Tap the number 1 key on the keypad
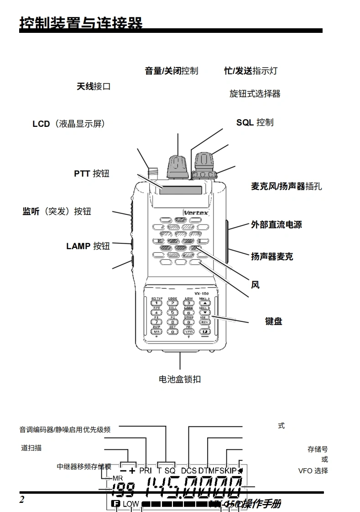[157, 303]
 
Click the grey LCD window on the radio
[181, 190]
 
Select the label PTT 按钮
[92, 174]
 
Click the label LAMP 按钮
[88, 246]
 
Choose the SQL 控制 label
[255, 122]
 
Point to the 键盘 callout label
[273, 321]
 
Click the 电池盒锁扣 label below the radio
[180, 379]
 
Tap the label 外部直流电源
[276, 225]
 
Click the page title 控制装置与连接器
[81, 23]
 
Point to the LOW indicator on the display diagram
[130, 504]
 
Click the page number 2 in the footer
[22, 499]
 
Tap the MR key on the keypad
[157, 332]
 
